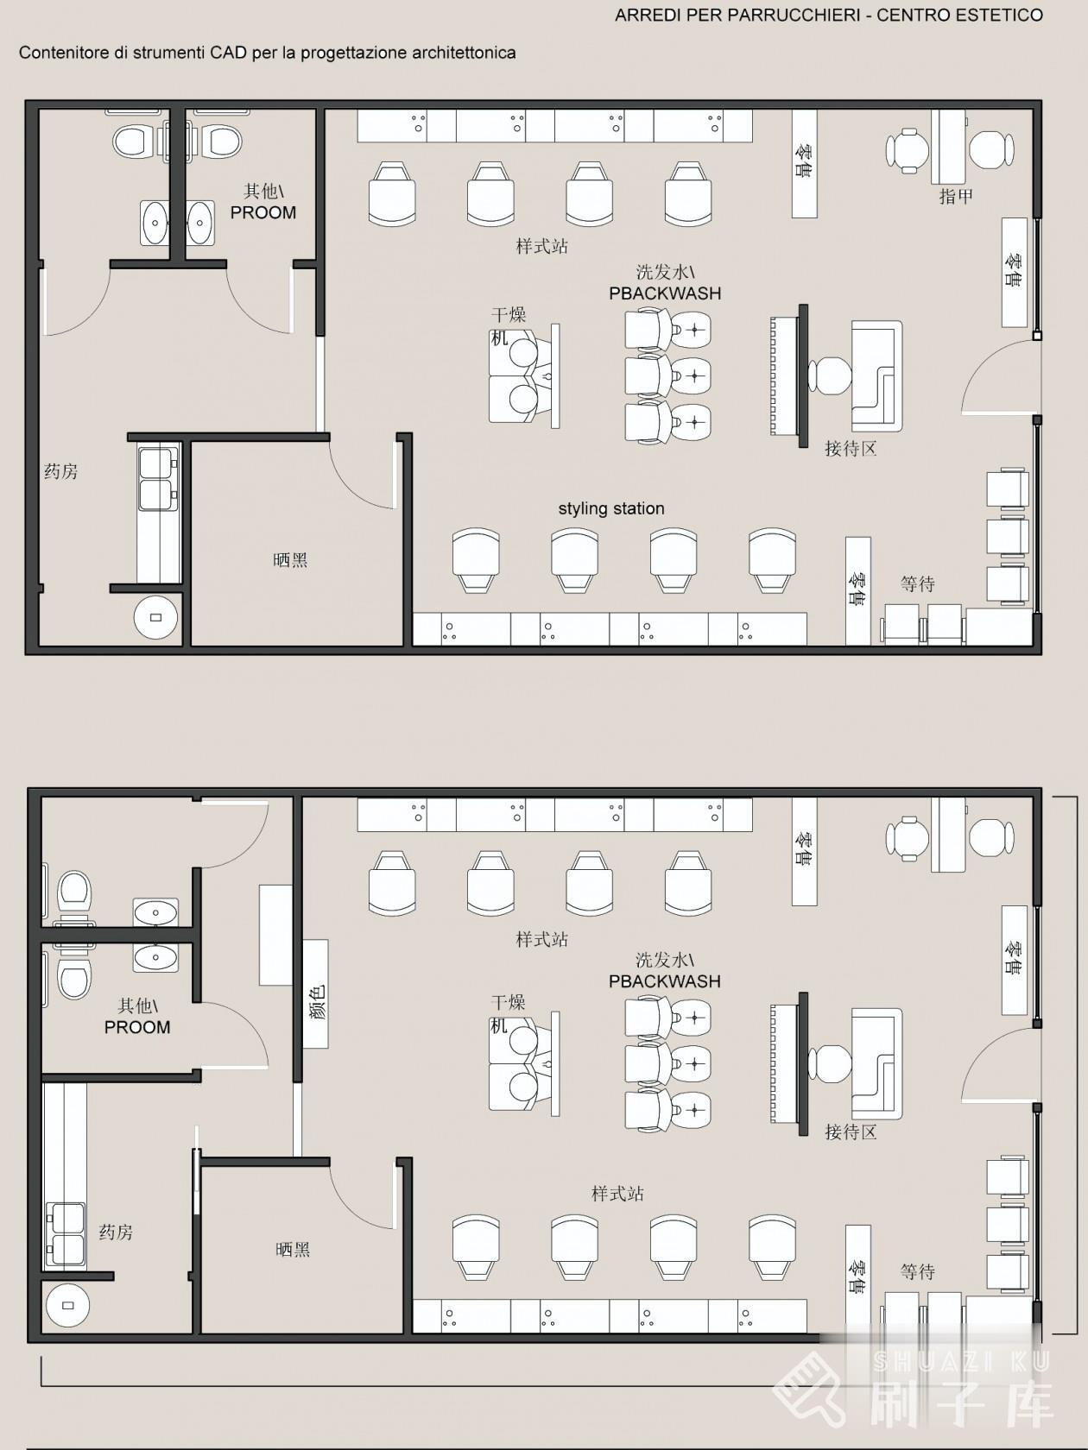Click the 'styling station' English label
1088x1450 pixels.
(611, 508)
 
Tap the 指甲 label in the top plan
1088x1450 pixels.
(956, 197)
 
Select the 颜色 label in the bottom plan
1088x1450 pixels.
(316, 1001)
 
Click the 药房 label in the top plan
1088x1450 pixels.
(60, 471)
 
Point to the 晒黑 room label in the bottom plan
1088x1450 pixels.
(293, 1249)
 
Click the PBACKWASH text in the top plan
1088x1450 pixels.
(664, 293)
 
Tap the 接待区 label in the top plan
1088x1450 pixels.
(851, 449)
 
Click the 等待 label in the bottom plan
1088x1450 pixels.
(917, 1272)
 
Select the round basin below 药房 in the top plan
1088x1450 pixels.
(155, 617)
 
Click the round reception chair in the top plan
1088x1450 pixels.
(830, 375)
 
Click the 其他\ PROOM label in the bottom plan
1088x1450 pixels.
(137, 1017)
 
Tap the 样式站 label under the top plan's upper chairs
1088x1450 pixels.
(541, 247)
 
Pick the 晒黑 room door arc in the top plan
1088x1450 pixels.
(358, 479)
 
